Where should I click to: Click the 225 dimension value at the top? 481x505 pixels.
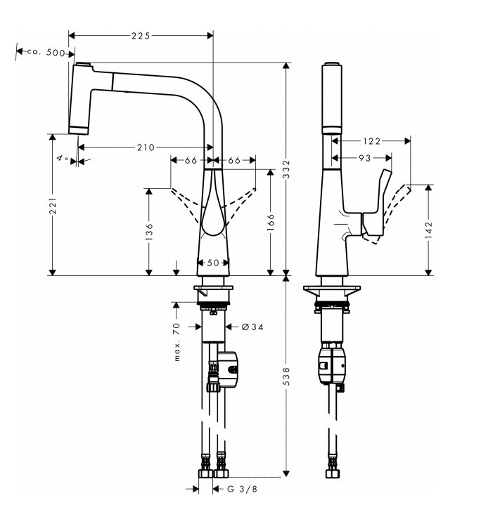(x=141, y=35)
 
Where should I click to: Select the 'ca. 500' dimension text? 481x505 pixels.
(x=46, y=53)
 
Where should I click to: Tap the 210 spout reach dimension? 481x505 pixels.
(x=146, y=147)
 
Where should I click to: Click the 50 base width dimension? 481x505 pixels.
(x=212, y=263)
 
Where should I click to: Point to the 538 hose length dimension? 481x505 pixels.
(x=286, y=379)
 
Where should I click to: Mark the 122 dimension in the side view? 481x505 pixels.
(x=372, y=141)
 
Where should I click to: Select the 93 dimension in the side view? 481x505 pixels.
(x=364, y=159)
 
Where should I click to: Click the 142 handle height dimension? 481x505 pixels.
(x=429, y=229)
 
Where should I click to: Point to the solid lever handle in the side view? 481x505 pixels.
(x=376, y=207)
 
